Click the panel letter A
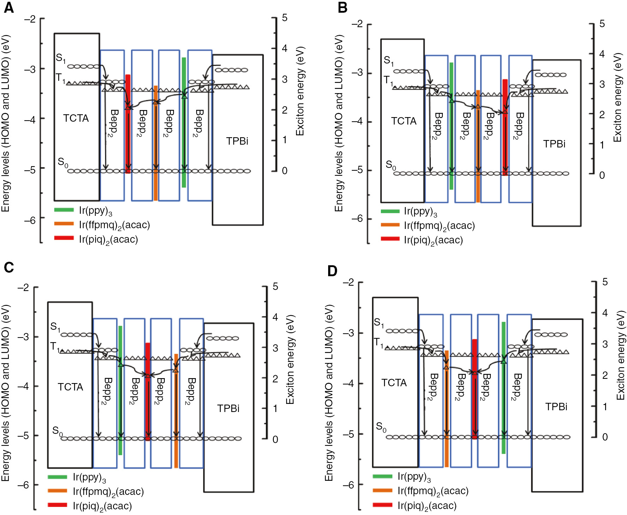point(8,7)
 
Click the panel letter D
point(332,271)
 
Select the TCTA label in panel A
point(76,118)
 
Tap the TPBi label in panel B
point(554,144)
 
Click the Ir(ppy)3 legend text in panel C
point(89,478)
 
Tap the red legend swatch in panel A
point(64,238)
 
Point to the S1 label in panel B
point(388,61)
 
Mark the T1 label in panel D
point(378,342)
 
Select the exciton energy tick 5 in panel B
point(602,24)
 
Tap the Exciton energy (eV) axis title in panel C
point(290,360)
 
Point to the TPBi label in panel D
point(556,407)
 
